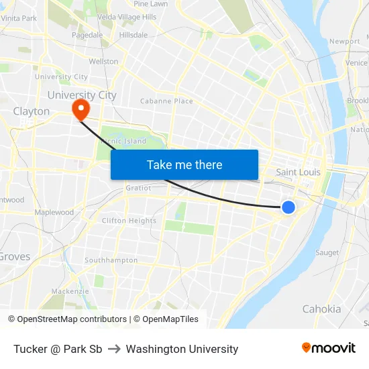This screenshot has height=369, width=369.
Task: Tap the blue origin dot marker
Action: tap(288, 207)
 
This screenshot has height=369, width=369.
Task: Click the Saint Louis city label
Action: tap(298, 172)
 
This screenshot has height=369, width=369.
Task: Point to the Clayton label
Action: tap(31, 111)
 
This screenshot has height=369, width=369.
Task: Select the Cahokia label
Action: tap(321, 309)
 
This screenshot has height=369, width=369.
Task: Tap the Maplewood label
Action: tap(54, 213)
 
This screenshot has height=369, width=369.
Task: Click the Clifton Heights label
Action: tap(129, 221)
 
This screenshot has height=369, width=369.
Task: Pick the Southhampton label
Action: tap(111, 260)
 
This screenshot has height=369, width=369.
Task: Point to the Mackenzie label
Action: tap(70, 291)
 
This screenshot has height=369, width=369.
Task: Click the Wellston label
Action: tap(103, 62)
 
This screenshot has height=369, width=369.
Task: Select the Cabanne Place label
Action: tap(166, 101)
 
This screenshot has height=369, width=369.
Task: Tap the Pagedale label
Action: tap(87, 35)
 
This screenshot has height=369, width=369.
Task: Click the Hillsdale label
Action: tap(133, 35)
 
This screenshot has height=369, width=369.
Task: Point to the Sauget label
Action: tap(327, 253)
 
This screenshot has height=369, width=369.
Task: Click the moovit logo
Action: tap(329, 348)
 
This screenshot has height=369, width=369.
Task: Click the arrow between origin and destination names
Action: tap(113, 349)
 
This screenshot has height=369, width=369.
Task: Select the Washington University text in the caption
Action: tap(182, 349)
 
